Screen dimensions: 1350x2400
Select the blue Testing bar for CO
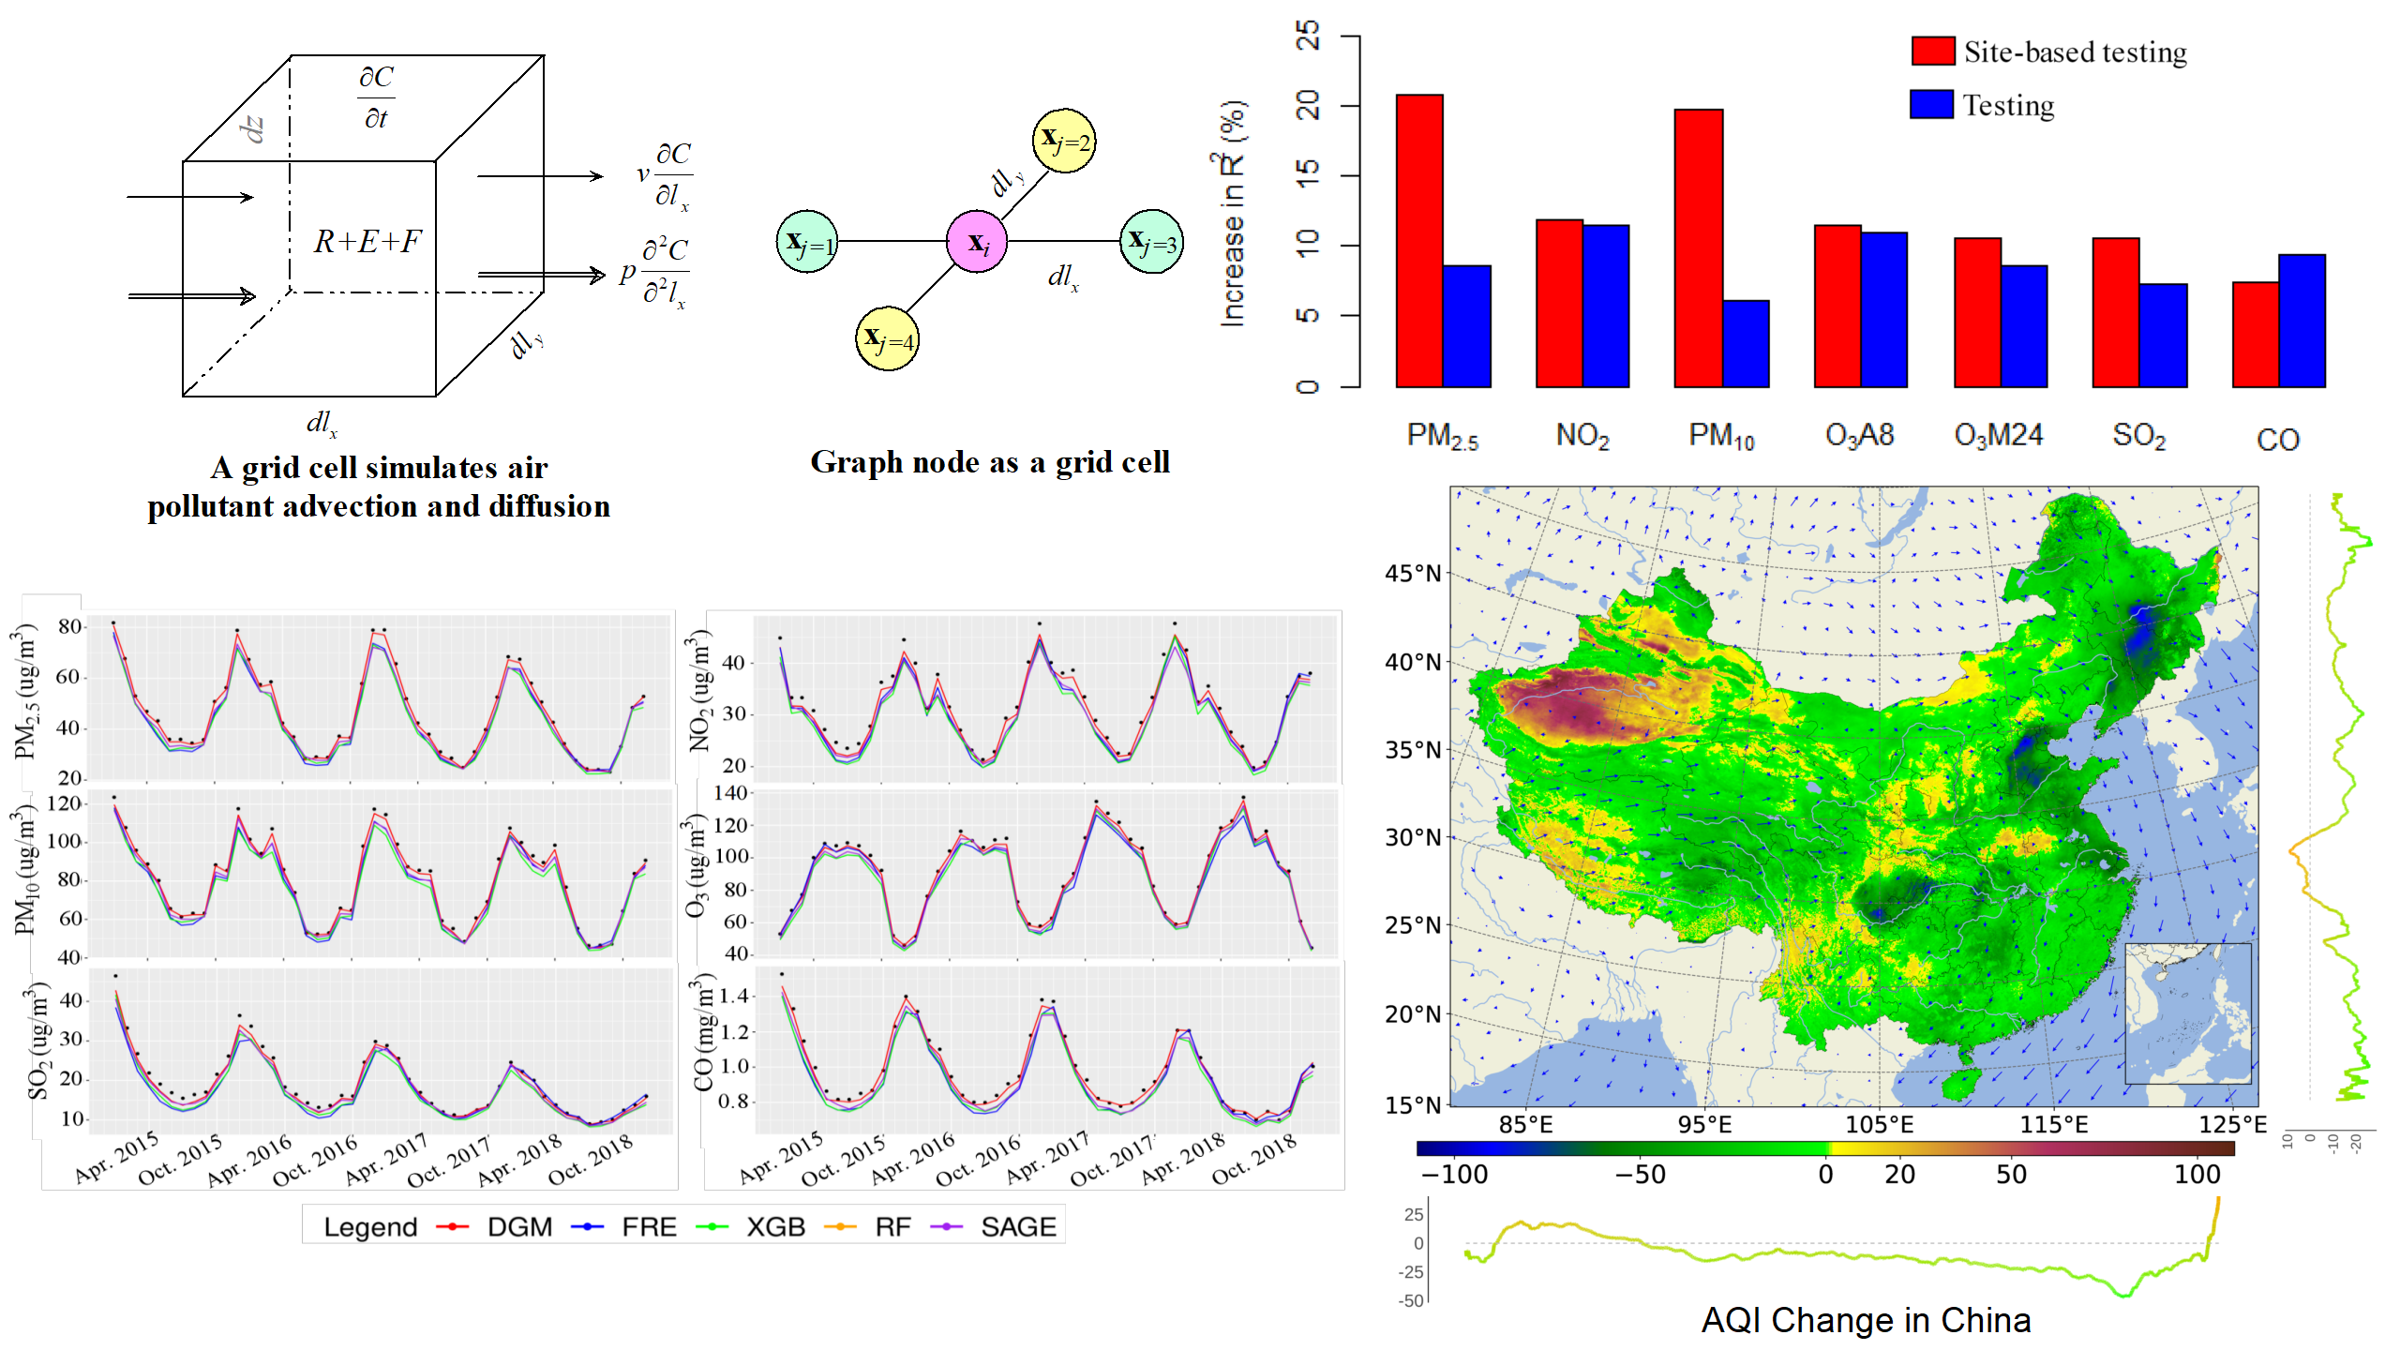(2302, 321)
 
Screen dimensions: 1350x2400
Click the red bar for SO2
(2116, 312)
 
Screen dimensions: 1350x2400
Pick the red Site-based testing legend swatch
(1932, 51)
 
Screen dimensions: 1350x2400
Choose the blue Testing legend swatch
(1931, 104)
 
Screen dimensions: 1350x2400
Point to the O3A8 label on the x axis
(1860, 435)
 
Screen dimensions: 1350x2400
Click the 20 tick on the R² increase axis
(1308, 105)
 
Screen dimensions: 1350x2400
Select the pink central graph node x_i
(977, 242)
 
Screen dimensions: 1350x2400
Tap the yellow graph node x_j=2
(1064, 141)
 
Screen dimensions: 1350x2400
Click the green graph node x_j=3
(1151, 242)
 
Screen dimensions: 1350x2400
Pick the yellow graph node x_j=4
(887, 338)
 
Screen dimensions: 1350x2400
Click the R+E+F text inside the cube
(367, 242)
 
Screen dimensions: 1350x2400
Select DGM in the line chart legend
(519, 1227)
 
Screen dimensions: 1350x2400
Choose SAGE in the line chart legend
(1018, 1227)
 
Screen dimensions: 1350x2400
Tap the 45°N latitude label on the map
(1413, 573)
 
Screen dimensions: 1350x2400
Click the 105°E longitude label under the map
(1879, 1124)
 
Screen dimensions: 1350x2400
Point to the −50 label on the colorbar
(1640, 1175)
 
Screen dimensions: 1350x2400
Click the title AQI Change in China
(1866, 1320)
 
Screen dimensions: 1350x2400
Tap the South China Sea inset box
(2187, 1012)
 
